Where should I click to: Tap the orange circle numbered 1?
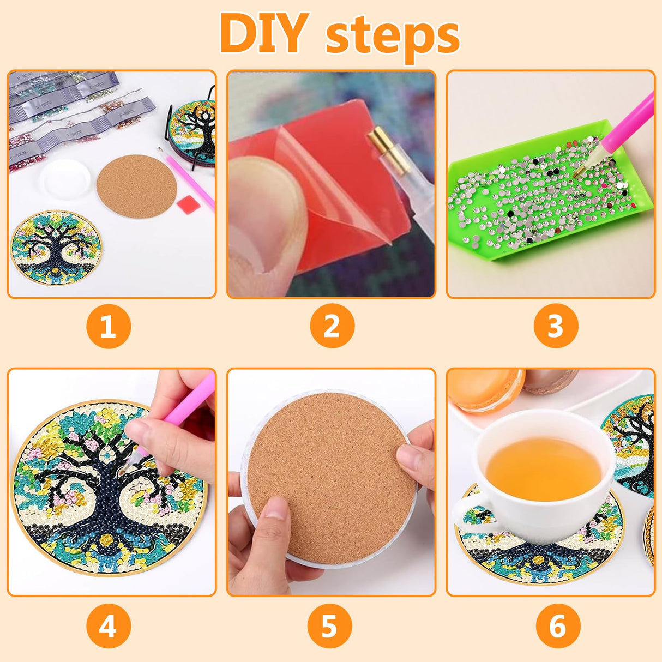pos(109,326)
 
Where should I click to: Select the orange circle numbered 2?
pos(332,326)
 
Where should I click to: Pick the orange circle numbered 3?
pos(555,326)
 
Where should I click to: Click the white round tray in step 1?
pos(65,179)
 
